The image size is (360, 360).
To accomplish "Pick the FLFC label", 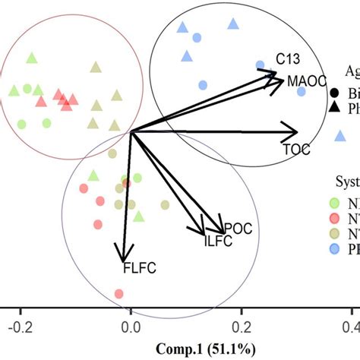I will [x=137, y=267].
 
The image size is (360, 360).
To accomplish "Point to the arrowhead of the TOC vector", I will [x=294, y=134].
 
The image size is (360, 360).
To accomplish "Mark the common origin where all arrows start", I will [x=131, y=133].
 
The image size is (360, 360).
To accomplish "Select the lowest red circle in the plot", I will [x=118, y=293].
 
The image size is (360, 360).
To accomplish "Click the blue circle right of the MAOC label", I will [x=301, y=92].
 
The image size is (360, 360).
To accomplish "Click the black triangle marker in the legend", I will [x=334, y=108].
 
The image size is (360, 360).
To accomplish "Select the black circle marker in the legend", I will [x=334, y=93].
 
